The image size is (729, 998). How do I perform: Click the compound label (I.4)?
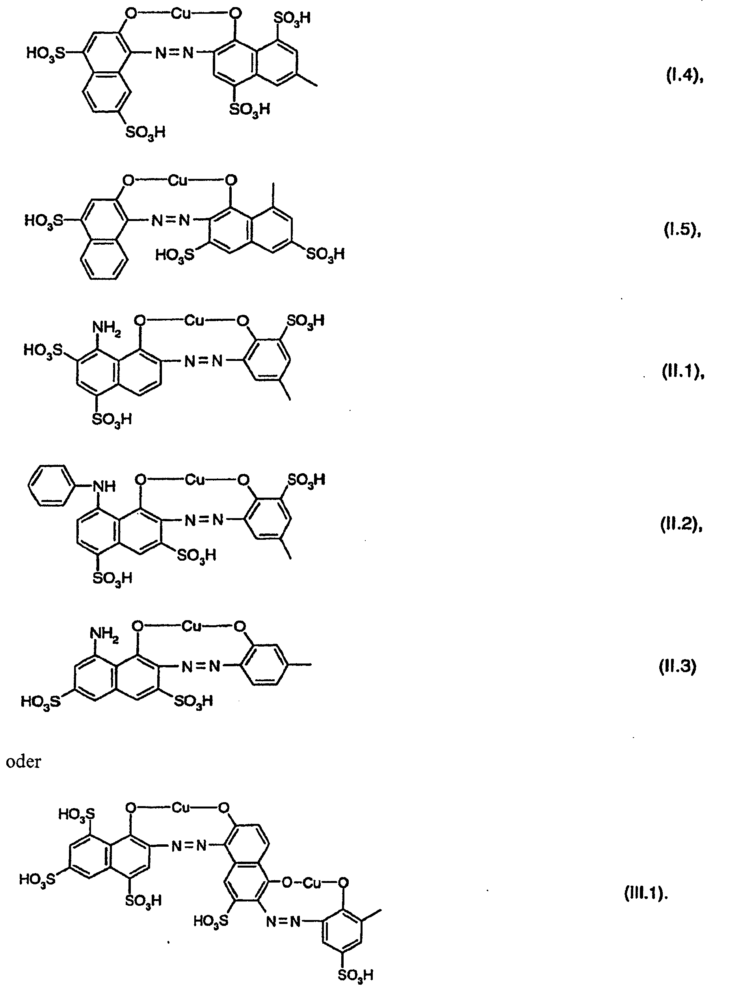pyautogui.click(x=684, y=77)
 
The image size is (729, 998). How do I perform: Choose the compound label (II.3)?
pyautogui.click(x=677, y=666)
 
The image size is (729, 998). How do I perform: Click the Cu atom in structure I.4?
pyautogui.click(x=181, y=14)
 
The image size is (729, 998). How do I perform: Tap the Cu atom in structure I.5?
pyautogui.click(x=177, y=180)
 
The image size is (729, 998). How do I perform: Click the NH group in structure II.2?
pyautogui.click(x=104, y=486)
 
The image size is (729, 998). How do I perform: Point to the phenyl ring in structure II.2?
pyautogui.click(x=49, y=486)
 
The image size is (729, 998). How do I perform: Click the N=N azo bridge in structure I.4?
pyautogui.click(x=175, y=53)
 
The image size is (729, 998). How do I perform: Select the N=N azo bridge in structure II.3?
pyautogui.click(x=201, y=666)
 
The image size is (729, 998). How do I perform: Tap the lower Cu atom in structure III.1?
pyautogui.click(x=312, y=883)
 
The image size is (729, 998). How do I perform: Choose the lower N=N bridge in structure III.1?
pyautogui.click(x=283, y=921)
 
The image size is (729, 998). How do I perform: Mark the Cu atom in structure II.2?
pyautogui.click(x=195, y=479)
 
